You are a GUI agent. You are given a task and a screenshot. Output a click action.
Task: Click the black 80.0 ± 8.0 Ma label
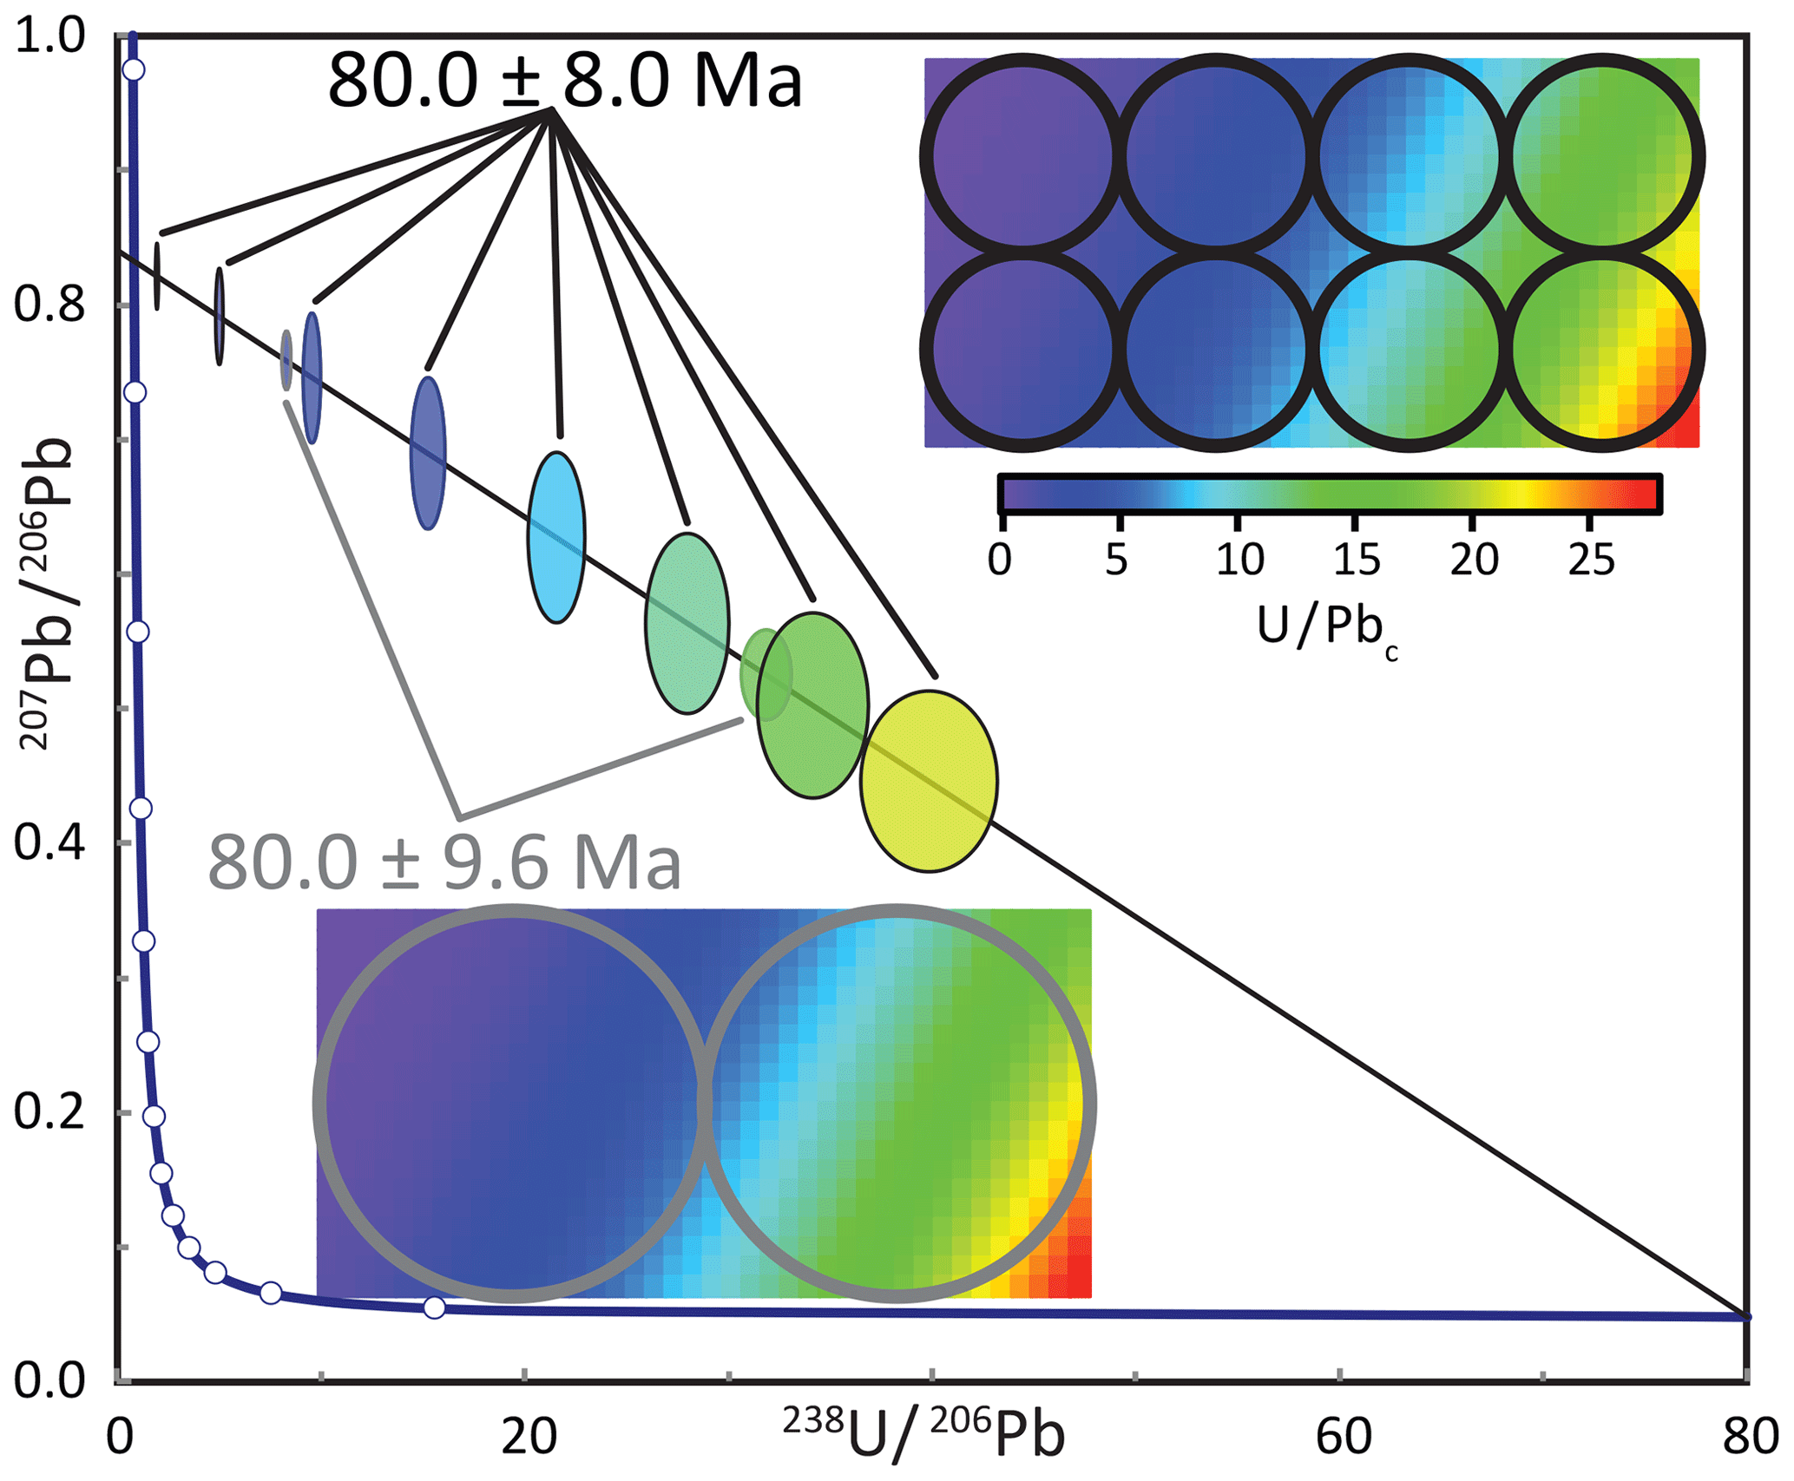[564, 80]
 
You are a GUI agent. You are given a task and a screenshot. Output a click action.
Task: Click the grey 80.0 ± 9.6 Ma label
[444, 863]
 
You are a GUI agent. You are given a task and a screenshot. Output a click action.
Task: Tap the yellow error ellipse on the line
[929, 781]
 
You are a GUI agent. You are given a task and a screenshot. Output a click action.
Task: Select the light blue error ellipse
[556, 537]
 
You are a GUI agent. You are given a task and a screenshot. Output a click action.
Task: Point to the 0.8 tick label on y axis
[49, 305]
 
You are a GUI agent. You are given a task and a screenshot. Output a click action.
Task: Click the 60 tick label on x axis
[1343, 1436]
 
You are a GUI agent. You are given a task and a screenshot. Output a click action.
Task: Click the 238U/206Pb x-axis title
[923, 1436]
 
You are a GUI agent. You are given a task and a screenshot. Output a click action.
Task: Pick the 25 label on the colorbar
[1591, 560]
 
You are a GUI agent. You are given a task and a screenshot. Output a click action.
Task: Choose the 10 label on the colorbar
[1239, 560]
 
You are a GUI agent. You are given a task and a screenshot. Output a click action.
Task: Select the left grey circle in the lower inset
[513, 1103]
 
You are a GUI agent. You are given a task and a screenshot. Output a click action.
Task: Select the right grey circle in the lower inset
[897, 1103]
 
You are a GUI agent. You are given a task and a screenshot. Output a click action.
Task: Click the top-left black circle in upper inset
[1023, 157]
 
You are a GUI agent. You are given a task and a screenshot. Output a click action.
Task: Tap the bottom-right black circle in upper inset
[1602, 351]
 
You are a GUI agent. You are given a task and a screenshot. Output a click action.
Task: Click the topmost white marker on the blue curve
[133, 69]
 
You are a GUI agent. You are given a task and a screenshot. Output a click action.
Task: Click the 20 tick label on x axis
[528, 1436]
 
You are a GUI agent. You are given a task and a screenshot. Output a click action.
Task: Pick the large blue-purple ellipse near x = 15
[428, 452]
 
